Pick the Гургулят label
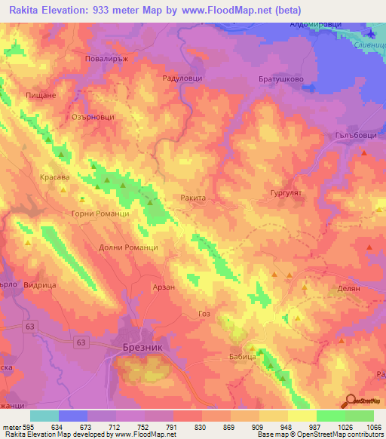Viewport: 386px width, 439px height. point(286,194)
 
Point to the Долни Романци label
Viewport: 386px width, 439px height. point(128,247)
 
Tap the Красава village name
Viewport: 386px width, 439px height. point(54,177)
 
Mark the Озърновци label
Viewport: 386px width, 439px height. point(92,117)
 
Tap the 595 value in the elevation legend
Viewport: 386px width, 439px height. point(25,426)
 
